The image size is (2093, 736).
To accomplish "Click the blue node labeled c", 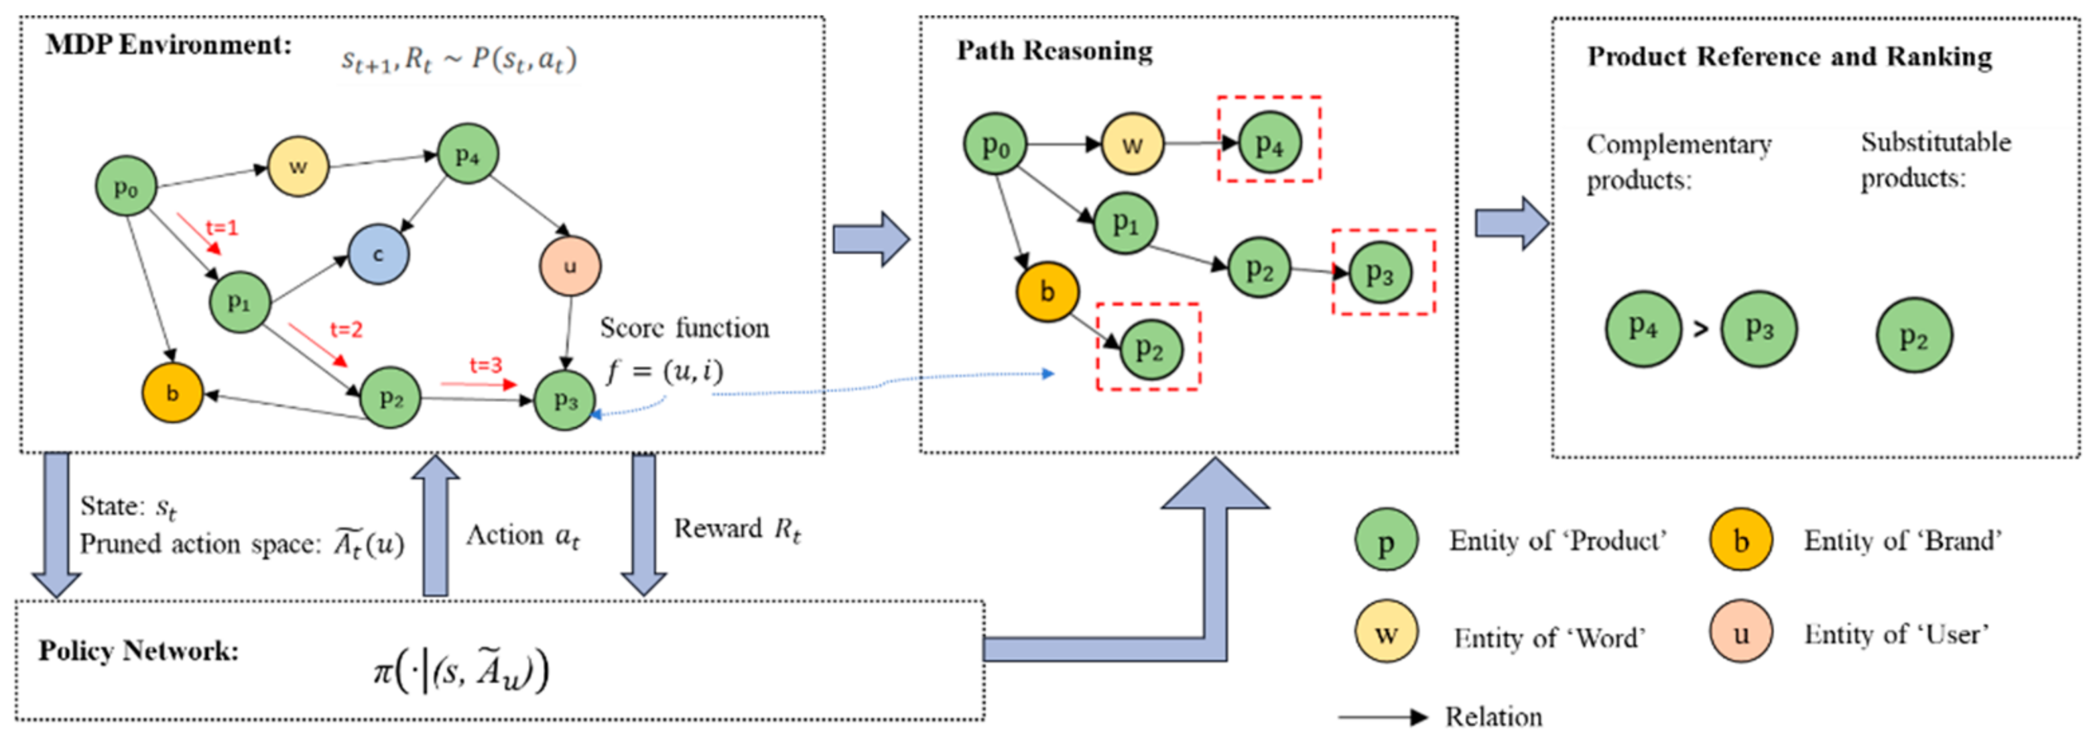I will [378, 254].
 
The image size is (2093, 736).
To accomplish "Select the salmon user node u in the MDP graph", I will [570, 265].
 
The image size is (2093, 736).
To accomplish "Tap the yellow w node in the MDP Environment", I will [298, 166].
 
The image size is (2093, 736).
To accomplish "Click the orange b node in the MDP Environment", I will [172, 393].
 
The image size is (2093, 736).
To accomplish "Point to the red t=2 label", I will [346, 329].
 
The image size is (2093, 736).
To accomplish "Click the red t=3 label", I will [486, 365].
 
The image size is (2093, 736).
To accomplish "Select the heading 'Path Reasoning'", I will [1054, 50].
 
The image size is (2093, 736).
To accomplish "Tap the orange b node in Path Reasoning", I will [1048, 292].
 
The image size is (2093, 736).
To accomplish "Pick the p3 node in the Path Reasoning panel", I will [1380, 273].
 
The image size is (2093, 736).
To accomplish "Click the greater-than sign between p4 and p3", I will [1700, 329].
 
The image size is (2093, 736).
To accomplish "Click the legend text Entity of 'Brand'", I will [1902, 541].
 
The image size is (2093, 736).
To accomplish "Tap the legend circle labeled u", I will [1740, 633].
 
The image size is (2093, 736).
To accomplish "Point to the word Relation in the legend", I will [1493, 717].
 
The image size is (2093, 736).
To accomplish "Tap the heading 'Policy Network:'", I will [139, 651].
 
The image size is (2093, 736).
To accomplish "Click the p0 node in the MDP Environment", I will [126, 187].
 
